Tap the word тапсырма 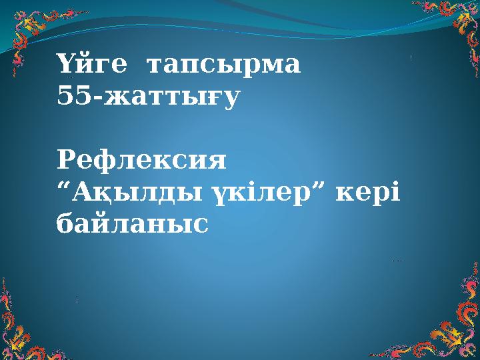(x=223, y=67)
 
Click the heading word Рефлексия (x=142, y=162)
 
